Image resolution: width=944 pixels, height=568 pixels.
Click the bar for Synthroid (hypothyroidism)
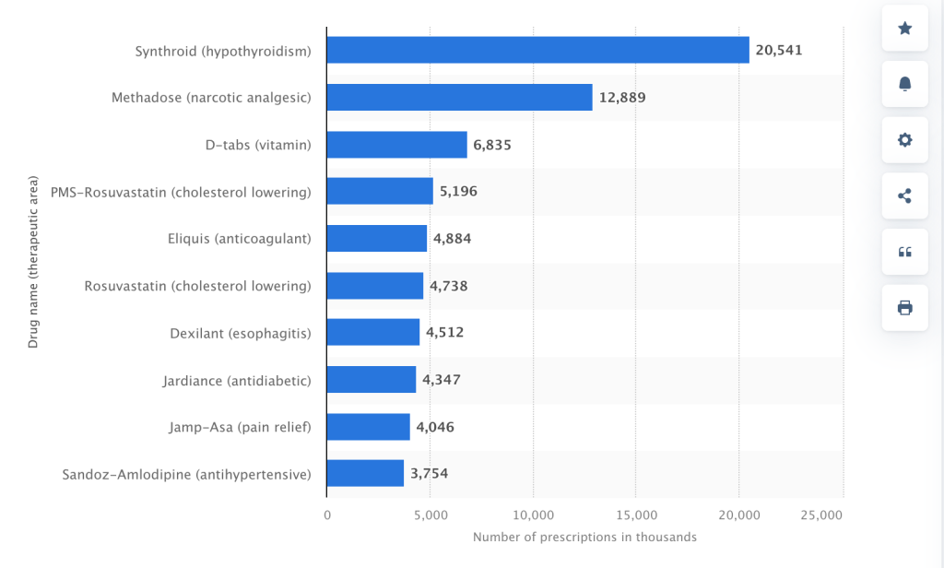click(537, 50)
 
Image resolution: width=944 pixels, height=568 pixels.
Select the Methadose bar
click(459, 97)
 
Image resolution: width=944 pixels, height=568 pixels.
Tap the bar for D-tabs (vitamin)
click(396, 145)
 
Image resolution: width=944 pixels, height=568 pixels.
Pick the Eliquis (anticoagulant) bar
click(376, 239)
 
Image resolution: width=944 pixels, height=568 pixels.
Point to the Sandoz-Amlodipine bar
click(365, 474)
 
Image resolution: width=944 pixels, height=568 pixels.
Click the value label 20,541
click(779, 50)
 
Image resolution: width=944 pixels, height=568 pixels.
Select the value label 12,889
click(622, 97)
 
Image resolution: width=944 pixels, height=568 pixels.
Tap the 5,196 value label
click(458, 192)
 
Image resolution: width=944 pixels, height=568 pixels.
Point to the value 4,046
click(435, 427)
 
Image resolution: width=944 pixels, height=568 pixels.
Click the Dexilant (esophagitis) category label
click(241, 333)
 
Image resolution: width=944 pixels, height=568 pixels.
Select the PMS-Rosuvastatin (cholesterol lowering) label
click(181, 192)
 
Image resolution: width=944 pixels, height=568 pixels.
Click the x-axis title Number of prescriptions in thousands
click(584, 537)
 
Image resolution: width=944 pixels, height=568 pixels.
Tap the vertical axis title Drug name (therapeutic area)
click(33, 263)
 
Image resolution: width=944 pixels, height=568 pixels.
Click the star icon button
click(904, 29)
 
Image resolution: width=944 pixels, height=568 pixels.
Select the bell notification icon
click(904, 84)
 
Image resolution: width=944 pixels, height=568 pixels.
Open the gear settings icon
click(904, 140)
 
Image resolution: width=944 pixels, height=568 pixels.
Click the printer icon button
click(904, 308)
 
